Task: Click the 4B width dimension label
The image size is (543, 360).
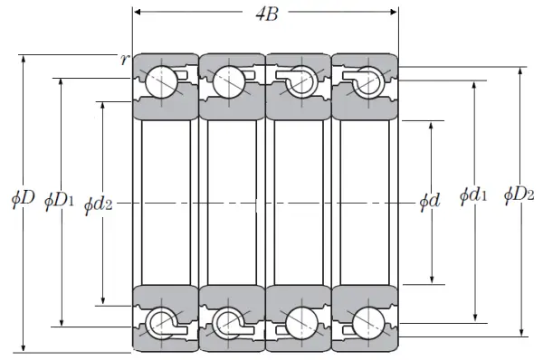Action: point(267,14)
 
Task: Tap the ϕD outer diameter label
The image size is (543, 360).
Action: point(24,199)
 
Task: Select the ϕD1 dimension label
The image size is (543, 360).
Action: point(59,201)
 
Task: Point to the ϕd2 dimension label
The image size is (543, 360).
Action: point(99,204)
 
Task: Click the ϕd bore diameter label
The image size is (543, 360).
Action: point(430,201)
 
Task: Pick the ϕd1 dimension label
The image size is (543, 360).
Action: point(473,195)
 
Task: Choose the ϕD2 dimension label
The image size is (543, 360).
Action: point(519,194)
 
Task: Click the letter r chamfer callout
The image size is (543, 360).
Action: point(125,60)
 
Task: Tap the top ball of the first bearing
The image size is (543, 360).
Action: point(161,82)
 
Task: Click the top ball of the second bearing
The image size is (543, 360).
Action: point(229,82)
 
